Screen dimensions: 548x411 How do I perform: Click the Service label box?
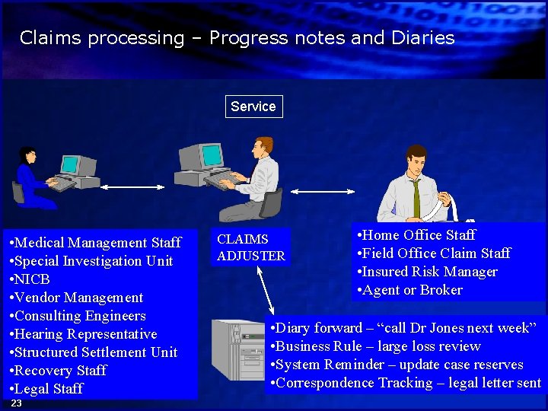pos(253,107)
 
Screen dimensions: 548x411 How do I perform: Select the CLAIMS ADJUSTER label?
pos(250,247)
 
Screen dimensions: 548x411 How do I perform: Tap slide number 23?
pos(17,403)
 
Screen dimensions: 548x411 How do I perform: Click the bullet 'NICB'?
pos(32,279)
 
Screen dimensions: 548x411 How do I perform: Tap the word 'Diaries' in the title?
pos(423,38)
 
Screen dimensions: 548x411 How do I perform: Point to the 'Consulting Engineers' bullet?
pos(80,316)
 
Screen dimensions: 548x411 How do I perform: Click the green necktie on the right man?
pos(416,198)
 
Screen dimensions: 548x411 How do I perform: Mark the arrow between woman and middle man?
pos(132,186)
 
